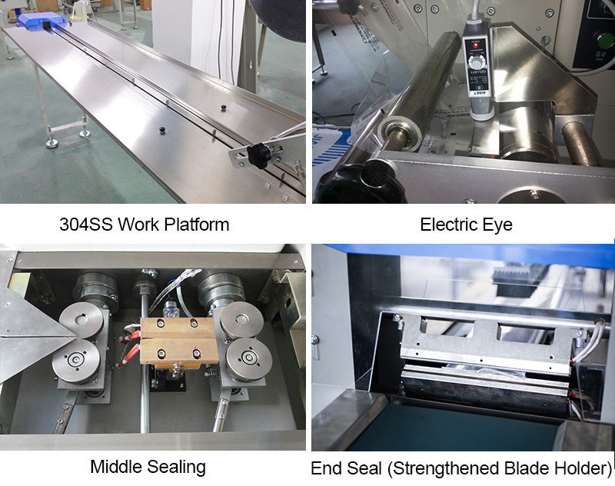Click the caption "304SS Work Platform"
tap(145, 225)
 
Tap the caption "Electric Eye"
tap(466, 225)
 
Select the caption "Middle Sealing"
tap(148, 468)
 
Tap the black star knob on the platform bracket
tap(258, 155)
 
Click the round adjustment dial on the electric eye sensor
tap(477, 62)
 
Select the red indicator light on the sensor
tap(476, 45)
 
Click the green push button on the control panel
tap(605, 42)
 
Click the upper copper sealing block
tap(178, 328)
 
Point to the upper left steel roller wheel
tap(81, 321)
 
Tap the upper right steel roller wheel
tap(241, 319)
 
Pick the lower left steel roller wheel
tap(75, 361)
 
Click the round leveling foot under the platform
tap(52, 143)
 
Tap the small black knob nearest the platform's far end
tap(224, 108)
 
